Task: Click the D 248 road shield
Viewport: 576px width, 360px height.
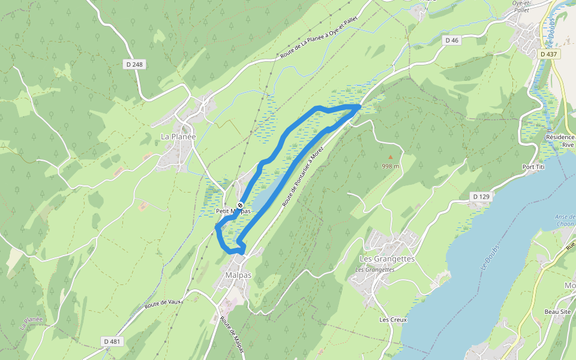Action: [x=136, y=64]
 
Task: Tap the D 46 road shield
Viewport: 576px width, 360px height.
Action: [x=452, y=40]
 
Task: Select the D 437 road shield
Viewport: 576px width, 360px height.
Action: [x=548, y=54]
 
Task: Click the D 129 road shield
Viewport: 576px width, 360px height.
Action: [x=481, y=196]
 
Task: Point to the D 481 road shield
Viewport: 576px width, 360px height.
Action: [x=112, y=341]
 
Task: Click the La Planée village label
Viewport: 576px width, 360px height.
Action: [x=178, y=137]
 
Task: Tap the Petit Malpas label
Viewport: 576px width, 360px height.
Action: [x=233, y=212]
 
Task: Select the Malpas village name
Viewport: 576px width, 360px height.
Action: [x=238, y=275]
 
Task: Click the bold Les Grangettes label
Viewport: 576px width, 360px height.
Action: [x=387, y=259]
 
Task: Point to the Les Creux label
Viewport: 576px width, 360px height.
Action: [x=393, y=320]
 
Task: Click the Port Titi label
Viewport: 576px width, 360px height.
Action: [x=533, y=167]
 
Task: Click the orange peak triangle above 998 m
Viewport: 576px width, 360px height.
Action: [x=390, y=158]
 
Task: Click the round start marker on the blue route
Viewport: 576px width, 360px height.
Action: [x=240, y=206]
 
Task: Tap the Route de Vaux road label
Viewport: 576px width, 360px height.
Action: [x=163, y=305]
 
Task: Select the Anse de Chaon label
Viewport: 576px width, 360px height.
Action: [x=565, y=220]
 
